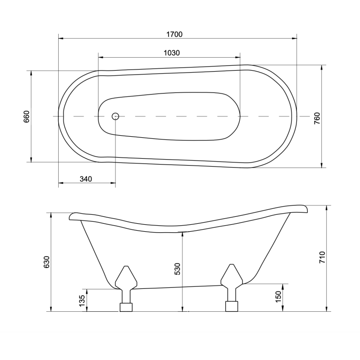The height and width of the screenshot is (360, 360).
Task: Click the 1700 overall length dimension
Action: point(175,34)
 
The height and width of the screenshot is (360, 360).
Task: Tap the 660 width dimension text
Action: point(27,116)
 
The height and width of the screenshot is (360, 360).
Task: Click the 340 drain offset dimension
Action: point(87,179)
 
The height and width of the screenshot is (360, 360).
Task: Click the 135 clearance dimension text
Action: point(83,300)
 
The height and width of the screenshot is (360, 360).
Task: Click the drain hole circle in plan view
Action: point(116,116)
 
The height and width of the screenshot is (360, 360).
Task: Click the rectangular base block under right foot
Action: point(232,306)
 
